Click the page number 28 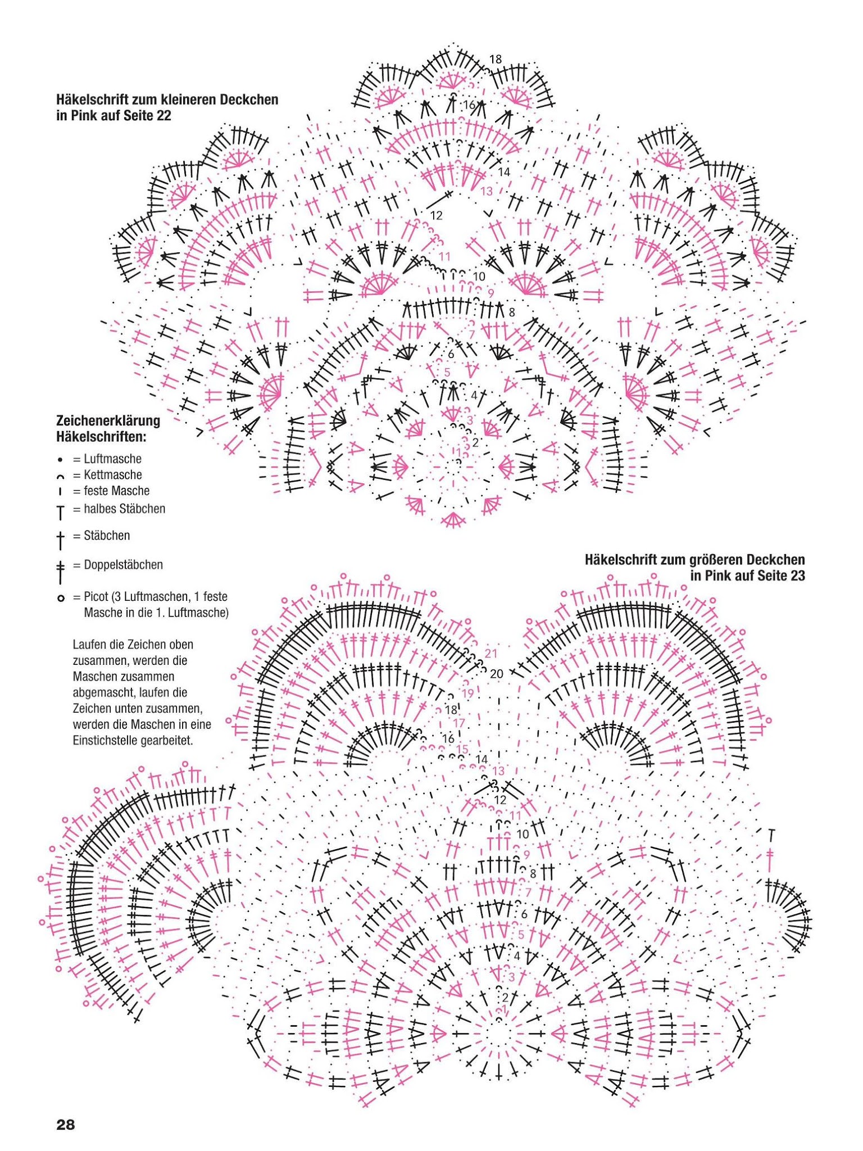[x=65, y=1125]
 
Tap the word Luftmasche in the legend [x=112, y=459]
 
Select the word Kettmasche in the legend [x=112, y=474]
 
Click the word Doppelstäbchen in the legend [x=123, y=564]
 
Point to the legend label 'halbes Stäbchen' [x=124, y=509]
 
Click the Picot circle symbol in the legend [x=61, y=598]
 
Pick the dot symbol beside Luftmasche [x=60, y=459]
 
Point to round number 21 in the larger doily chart [x=491, y=653]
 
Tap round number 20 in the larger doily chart [x=497, y=673]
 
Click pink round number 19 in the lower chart [x=467, y=694]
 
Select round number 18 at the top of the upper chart [x=495, y=59]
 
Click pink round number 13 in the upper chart [x=486, y=191]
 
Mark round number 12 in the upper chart [x=436, y=215]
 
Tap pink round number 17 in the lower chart [x=459, y=723]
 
